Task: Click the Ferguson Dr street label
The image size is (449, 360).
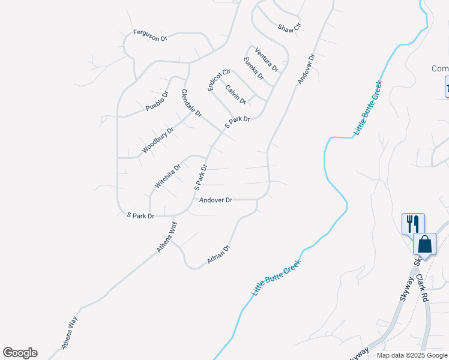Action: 149,35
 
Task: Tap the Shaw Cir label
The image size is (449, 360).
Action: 289,27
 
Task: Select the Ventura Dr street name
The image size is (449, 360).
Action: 267,59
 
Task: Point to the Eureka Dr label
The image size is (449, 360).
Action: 254,68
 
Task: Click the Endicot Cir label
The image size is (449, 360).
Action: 219,80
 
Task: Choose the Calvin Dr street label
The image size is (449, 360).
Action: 236,94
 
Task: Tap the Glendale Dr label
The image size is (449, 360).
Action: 191,103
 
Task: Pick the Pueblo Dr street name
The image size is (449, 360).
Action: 157,101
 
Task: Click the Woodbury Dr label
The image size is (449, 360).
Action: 158,139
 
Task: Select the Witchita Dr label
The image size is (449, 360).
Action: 167,177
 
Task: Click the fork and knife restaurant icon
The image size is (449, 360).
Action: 413,224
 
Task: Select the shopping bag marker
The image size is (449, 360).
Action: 424,245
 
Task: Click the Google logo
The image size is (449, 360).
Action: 20,353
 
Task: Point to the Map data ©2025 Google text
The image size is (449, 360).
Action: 411,355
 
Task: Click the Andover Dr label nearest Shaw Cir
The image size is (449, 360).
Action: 306,70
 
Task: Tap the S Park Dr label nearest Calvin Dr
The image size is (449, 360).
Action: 237,122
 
